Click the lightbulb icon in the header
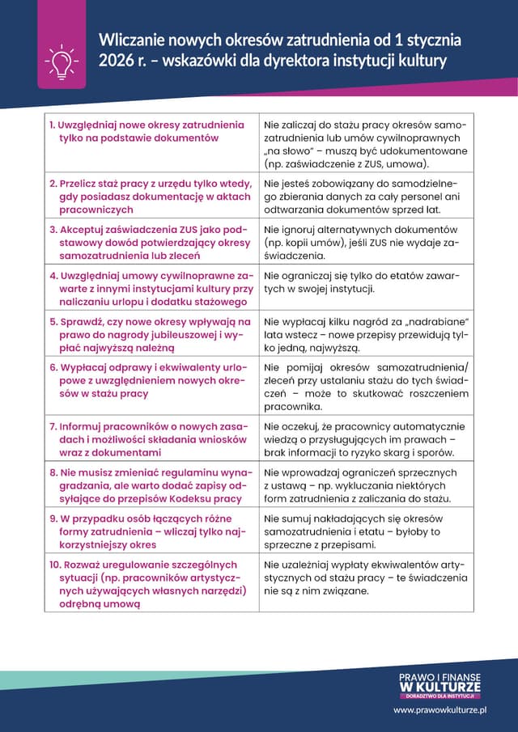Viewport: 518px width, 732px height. tap(62, 61)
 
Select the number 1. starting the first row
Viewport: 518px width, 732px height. tap(52, 125)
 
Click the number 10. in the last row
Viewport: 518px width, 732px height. tap(56, 564)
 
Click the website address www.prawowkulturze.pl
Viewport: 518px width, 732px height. tap(439, 709)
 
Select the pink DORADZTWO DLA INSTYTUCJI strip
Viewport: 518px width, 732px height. tap(439, 696)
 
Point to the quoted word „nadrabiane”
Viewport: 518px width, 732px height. tap(441, 321)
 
